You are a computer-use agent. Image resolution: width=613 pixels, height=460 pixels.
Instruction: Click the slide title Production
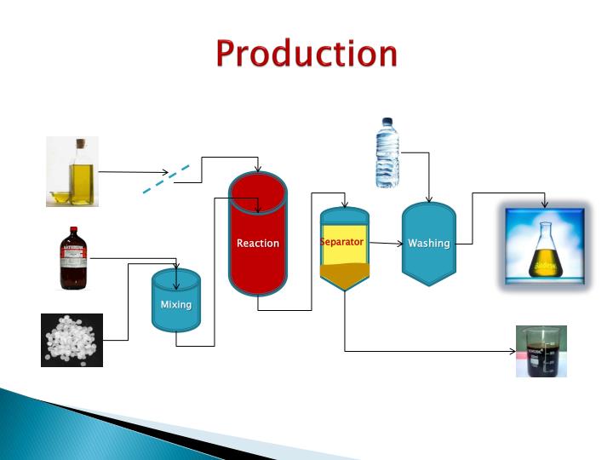pos(306,53)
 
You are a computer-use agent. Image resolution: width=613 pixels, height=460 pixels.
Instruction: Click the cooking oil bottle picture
pos(72,171)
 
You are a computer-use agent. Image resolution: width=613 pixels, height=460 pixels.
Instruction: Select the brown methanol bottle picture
pos(73,257)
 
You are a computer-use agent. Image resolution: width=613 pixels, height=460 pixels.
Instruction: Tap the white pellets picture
pos(72,340)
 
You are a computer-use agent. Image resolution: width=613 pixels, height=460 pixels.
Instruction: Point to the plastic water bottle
pos(387,152)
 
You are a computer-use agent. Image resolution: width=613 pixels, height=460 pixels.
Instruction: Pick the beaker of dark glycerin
pos(541,351)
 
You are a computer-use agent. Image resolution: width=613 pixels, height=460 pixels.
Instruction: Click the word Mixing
pos(176,304)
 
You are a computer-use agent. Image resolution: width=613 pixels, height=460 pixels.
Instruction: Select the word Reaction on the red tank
pos(258,243)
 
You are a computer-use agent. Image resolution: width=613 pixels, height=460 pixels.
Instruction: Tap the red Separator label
pos(342,242)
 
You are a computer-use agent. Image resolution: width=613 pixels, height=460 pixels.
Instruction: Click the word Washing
pos(428,243)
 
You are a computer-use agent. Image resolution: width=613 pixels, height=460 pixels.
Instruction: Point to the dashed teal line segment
pos(166,181)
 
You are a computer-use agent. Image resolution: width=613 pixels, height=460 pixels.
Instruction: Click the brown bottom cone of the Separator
pos(344,275)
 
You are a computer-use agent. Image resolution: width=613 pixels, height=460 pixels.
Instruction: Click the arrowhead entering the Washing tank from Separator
pos(398,244)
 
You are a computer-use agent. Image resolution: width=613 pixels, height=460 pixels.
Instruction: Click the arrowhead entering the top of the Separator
pos(344,204)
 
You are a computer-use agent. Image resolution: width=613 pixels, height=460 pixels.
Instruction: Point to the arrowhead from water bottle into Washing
pos(429,200)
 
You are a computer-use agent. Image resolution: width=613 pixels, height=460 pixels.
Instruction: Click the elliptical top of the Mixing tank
pos(176,276)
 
